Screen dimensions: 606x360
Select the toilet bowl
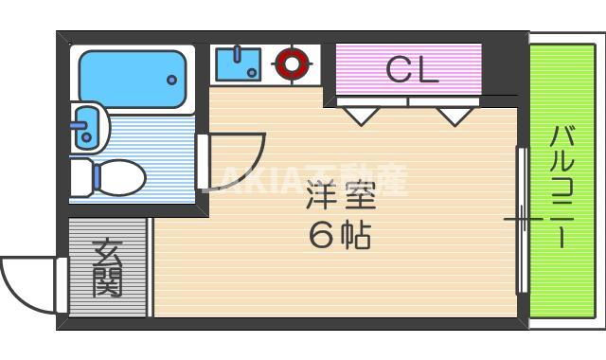[x=120, y=176]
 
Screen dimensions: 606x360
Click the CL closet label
[x=412, y=69]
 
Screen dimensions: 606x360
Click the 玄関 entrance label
[x=107, y=268]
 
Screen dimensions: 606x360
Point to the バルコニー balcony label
[x=562, y=185]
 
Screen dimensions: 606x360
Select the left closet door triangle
[x=360, y=115]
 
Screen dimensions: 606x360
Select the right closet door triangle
[x=455, y=115]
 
